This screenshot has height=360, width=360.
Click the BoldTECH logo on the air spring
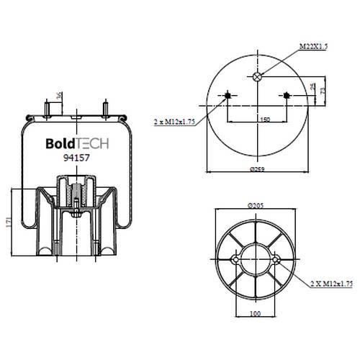pos(77,143)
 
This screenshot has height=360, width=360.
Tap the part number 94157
pos(76,158)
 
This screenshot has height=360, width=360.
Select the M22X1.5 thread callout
pos(313,46)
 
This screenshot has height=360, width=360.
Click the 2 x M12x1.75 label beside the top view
pos(174,122)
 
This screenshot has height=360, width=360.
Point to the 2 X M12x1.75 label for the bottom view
pos(331,284)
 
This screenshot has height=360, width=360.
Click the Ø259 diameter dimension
pos(257,169)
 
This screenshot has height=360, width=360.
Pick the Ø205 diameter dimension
pos(256,206)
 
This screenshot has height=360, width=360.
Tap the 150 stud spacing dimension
pos(265,120)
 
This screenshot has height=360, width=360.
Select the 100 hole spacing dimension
pos(255,313)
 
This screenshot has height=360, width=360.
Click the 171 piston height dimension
pos(9,222)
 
